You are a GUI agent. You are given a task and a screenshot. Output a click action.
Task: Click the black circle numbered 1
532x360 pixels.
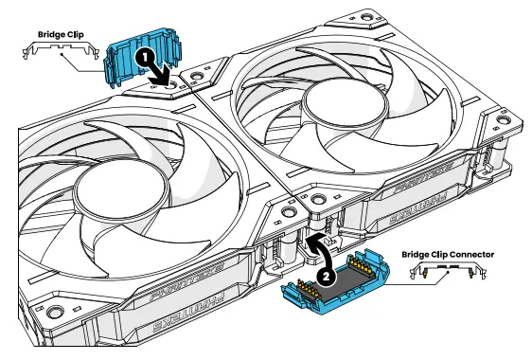143,58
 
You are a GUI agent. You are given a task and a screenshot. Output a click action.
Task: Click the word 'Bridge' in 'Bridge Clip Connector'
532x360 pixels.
418,254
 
